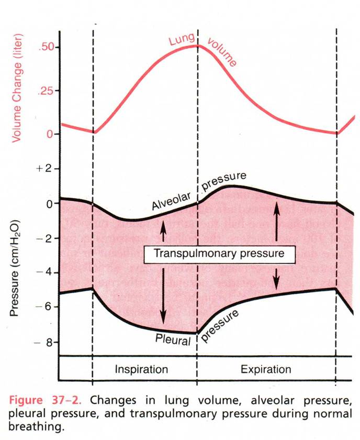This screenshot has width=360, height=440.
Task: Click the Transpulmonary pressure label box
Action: (x=220, y=254)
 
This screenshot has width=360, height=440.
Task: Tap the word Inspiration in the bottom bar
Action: (x=141, y=369)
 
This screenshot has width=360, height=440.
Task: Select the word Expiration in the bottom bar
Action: (x=266, y=369)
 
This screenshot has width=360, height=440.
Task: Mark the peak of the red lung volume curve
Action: (x=197, y=46)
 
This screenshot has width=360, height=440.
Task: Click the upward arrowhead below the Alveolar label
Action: (x=163, y=224)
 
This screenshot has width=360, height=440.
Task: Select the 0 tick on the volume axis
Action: (x=50, y=134)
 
